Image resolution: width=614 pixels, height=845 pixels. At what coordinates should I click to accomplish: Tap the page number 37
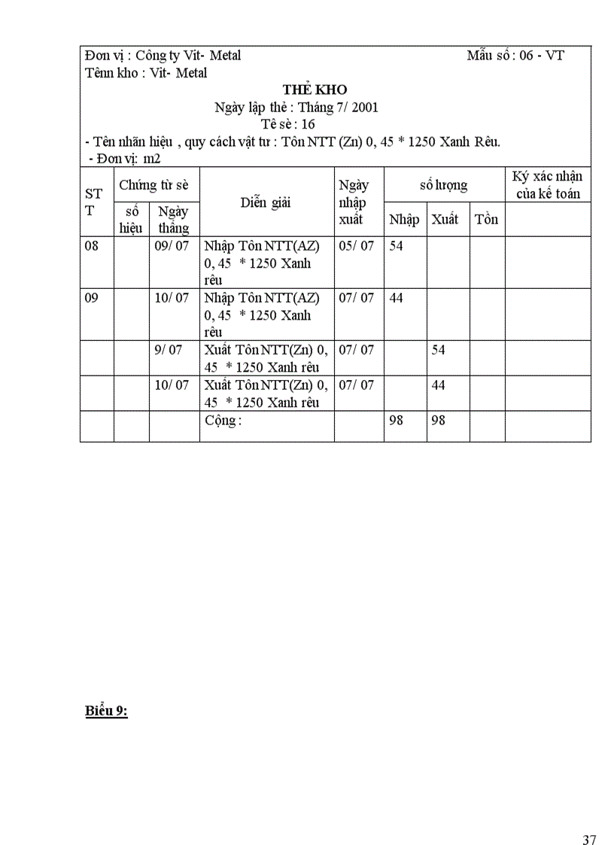point(589,819)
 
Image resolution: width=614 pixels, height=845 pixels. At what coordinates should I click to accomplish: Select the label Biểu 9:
point(106,711)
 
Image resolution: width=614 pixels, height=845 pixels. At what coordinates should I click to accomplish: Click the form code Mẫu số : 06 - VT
point(515,56)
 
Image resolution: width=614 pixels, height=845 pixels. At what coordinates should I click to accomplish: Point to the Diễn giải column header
point(266,202)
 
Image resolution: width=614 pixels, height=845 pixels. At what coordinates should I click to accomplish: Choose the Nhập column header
point(404,220)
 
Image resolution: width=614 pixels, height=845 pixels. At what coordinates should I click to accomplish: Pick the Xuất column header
point(445,220)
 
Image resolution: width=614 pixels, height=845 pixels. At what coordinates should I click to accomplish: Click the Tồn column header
point(486,220)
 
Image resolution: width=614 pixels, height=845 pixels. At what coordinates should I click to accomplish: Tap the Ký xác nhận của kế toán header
point(547,185)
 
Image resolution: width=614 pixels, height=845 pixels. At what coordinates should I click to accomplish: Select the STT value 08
point(92,246)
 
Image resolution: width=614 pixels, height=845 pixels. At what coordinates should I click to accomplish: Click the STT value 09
point(92,298)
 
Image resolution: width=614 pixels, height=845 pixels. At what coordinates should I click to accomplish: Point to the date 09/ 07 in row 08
point(172,246)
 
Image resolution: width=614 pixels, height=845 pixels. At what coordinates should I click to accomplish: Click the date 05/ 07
point(356,246)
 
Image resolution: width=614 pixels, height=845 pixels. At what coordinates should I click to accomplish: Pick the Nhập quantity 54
point(396,246)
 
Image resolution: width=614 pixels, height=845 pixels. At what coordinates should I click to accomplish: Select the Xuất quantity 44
point(438,385)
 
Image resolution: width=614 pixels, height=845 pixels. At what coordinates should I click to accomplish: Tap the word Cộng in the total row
point(223,421)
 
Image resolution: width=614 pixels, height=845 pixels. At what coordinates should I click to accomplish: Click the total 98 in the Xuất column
point(438,421)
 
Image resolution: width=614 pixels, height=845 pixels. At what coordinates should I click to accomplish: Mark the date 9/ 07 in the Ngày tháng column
point(168,350)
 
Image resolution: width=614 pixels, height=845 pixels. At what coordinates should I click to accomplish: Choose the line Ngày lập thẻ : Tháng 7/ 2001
point(296,108)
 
